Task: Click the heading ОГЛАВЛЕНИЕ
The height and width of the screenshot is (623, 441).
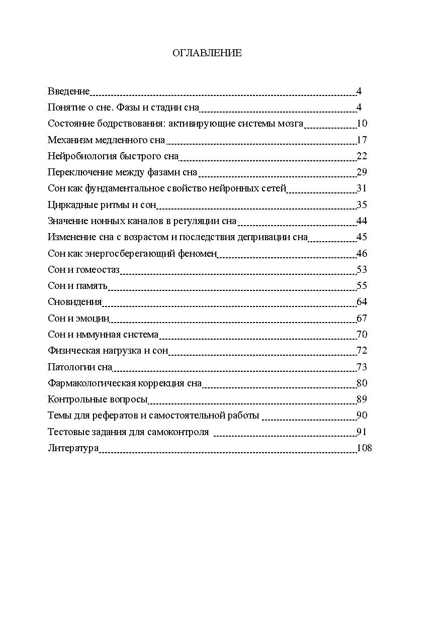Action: click(207, 53)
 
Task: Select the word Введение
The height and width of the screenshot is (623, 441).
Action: click(68, 91)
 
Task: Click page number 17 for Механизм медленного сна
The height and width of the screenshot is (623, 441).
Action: click(362, 140)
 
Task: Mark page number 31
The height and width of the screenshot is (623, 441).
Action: click(362, 188)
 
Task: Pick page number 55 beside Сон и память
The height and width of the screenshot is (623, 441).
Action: click(362, 285)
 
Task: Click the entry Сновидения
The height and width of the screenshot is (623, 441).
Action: click(74, 302)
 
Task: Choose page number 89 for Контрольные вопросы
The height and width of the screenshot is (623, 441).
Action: click(362, 399)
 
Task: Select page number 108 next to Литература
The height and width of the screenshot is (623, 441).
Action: click(364, 448)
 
